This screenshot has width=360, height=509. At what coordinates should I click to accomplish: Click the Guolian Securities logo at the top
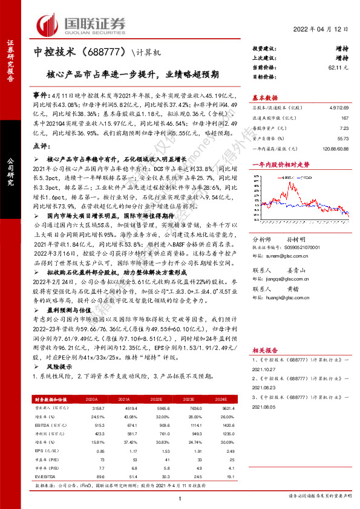click(x=81, y=24)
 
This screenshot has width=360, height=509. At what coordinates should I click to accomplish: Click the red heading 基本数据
click(x=265, y=97)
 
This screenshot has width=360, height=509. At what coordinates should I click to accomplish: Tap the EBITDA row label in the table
click(x=44, y=425)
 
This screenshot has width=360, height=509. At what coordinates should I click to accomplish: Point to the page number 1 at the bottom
click(x=180, y=498)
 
